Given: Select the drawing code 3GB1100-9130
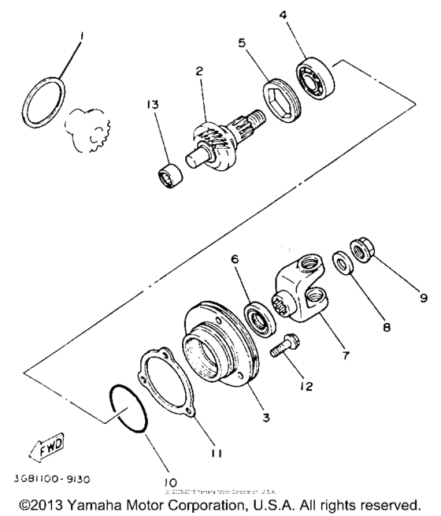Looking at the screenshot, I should (62, 477).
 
